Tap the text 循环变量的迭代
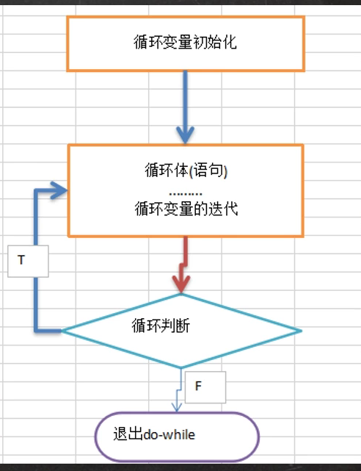click(186, 209)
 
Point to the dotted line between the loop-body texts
click(186, 190)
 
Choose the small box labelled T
click(28, 261)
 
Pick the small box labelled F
click(205, 387)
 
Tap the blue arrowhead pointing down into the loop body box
click(185, 134)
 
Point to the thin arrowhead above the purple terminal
click(176, 406)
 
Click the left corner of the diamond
click(63, 331)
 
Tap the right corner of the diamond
click(301, 331)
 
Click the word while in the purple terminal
click(182, 434)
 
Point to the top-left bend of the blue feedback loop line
click(34, 192)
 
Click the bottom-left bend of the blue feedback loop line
click(34, 330)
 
